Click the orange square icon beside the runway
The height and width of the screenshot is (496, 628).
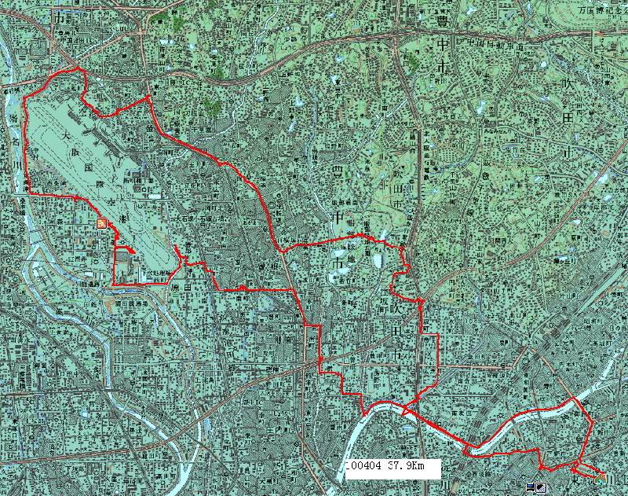tap(101, 224)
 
